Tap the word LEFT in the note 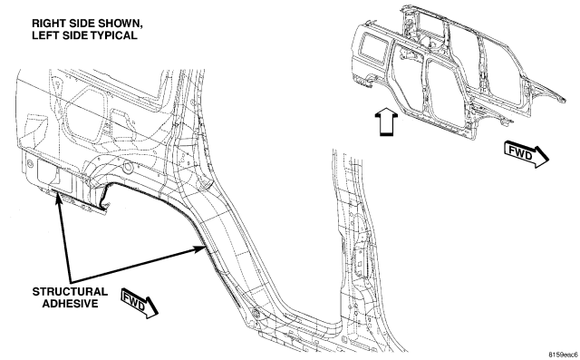click(x=43, y=35)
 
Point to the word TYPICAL click(x=114, y=35)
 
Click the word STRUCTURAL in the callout click(x=70, y=292)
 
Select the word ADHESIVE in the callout click(x=71, y=304)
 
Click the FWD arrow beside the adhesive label click(x=140, y=303)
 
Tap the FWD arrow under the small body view click(x=527, y=154)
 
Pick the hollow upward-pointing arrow click(x=386, y=122)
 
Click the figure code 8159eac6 click(x=563, y=354)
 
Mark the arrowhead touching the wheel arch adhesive click(x=199, y=248)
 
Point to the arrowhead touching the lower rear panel click(x=58, y=199)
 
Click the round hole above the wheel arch click(x=128, y=168)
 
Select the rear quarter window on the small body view click(x=374, y=48)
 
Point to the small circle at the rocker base click(x=256, y=314)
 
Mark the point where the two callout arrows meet click(x=71, y=280)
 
